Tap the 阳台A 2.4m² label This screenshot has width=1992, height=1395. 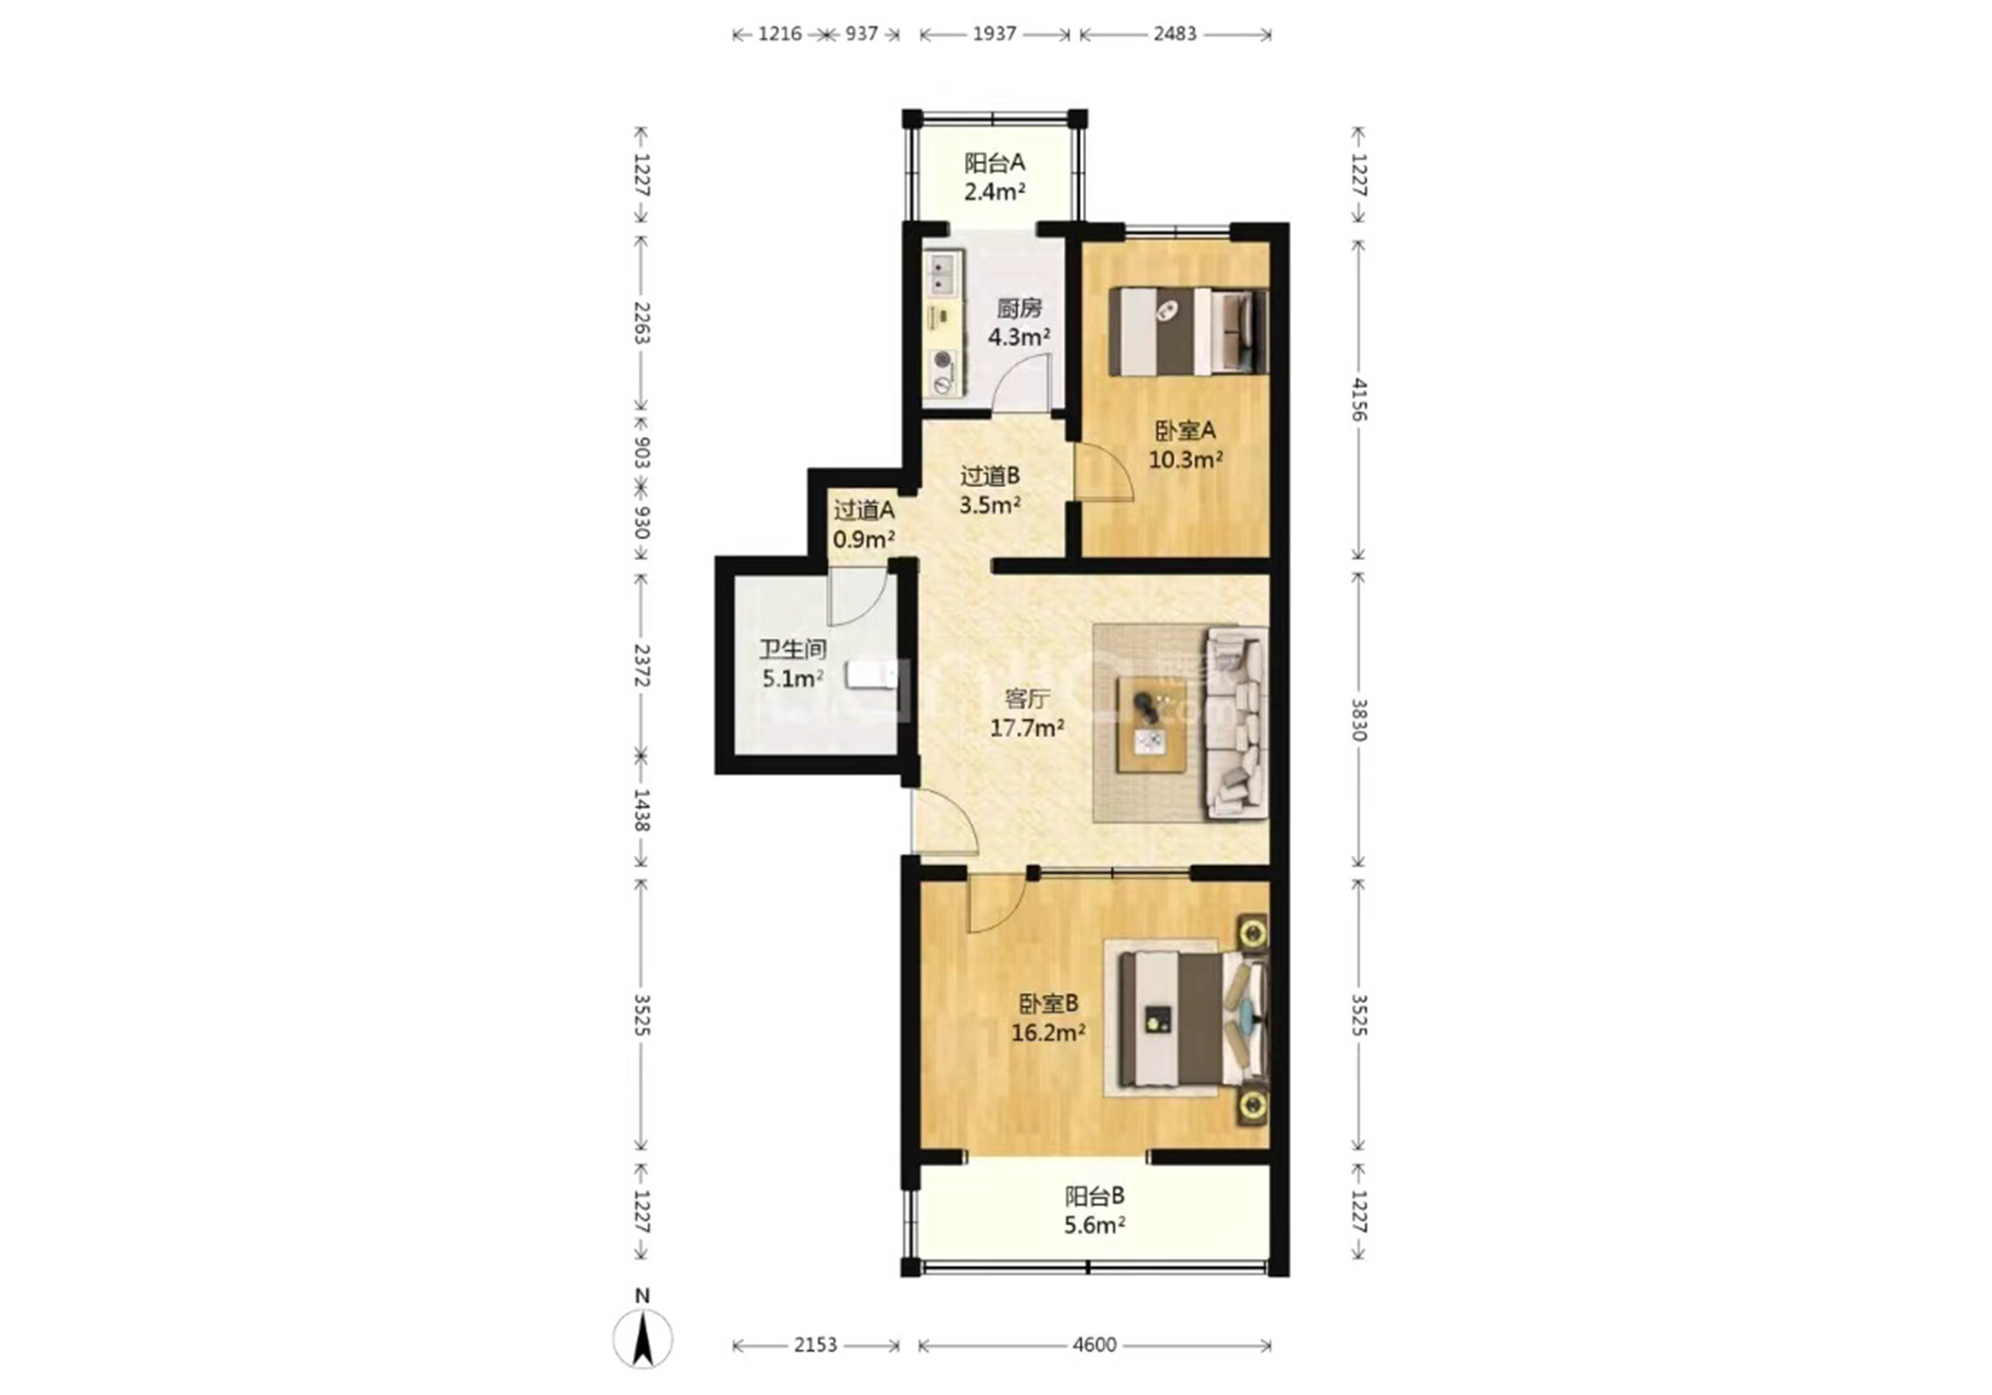pyautogui.click(x=995, y=177)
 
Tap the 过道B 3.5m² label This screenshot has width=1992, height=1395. pyautogui.click(x=989, y=489)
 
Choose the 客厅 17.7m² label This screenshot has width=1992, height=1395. pyautogui.click(x=1027, y=713)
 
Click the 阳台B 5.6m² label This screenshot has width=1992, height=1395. pyautogui.click(x=1095, y=1210)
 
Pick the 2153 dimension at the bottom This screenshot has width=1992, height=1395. pyautogui.click(x=816, y=1345)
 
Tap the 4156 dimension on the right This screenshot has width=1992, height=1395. pyautogui.click(x=1359, y=399)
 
